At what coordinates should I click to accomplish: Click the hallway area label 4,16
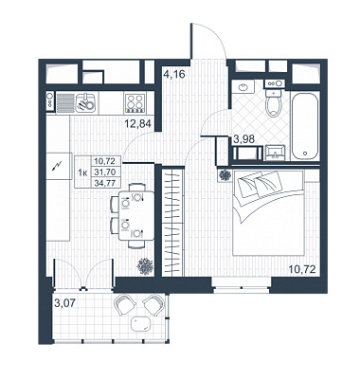click(173, 76)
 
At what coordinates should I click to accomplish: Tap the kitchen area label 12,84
click(137, 123)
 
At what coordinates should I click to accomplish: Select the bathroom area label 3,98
click(243, 139)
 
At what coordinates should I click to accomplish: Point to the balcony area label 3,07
click(65, 303)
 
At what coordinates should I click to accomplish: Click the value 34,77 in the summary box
click(104, 182)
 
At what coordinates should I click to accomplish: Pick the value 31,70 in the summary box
click(104, 172)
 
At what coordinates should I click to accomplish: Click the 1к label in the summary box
click(82, 172)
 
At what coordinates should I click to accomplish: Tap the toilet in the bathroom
click(273, 103)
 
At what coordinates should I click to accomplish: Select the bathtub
click(306, 127)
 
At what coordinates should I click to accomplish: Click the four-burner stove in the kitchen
click(135, 102)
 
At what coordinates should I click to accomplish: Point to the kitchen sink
click(85, 102)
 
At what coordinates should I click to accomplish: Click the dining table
click(136, 216)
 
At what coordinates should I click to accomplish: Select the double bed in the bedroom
click(268, 212)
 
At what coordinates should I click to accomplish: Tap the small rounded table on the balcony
click(141, 323)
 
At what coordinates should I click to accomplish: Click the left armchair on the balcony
click(125, 304)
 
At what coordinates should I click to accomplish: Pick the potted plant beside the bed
click(225, 175)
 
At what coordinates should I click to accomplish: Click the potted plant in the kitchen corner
click(145, 266)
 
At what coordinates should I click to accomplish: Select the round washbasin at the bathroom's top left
click(243, 86)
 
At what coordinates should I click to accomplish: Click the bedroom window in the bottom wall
click(241, 284)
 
